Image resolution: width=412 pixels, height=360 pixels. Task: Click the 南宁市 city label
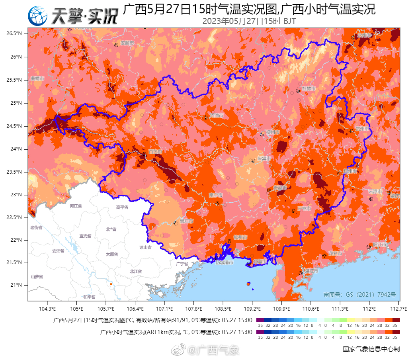pyautogui.click(x=215, y=195)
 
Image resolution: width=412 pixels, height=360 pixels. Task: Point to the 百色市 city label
pyautogui.click(x=155, y=152)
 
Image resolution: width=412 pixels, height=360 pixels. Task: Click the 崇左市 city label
pyautogui.click(x=186, y=221)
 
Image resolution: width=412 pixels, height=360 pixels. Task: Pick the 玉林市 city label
pyautogui.click(x=304, y=208)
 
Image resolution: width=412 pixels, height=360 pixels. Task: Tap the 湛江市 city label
pyautogui.click(x=311, y=271)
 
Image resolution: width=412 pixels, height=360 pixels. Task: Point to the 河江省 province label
pyautogui.click(x=76, y=206)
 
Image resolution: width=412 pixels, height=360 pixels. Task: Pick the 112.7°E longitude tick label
pyautogui.click(x=398, y=309)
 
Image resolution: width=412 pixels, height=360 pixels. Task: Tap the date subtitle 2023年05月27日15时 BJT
pyautogui.click(x=249, y=21)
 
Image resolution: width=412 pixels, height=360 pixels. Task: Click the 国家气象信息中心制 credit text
pyautogui.click(x=371, y=349)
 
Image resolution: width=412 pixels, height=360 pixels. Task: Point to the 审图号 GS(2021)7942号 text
pyautogui.click(x=359, y=295)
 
